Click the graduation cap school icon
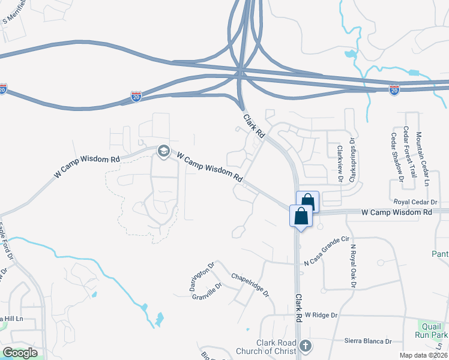click(163, 152)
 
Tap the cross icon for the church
click(306, 346)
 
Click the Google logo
click(20, 353)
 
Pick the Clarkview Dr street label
click(340, 163)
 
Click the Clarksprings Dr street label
click(353, 160)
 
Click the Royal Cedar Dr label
click(420, 202)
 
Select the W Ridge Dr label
click(321, 314)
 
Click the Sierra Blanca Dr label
click(367, 341)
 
